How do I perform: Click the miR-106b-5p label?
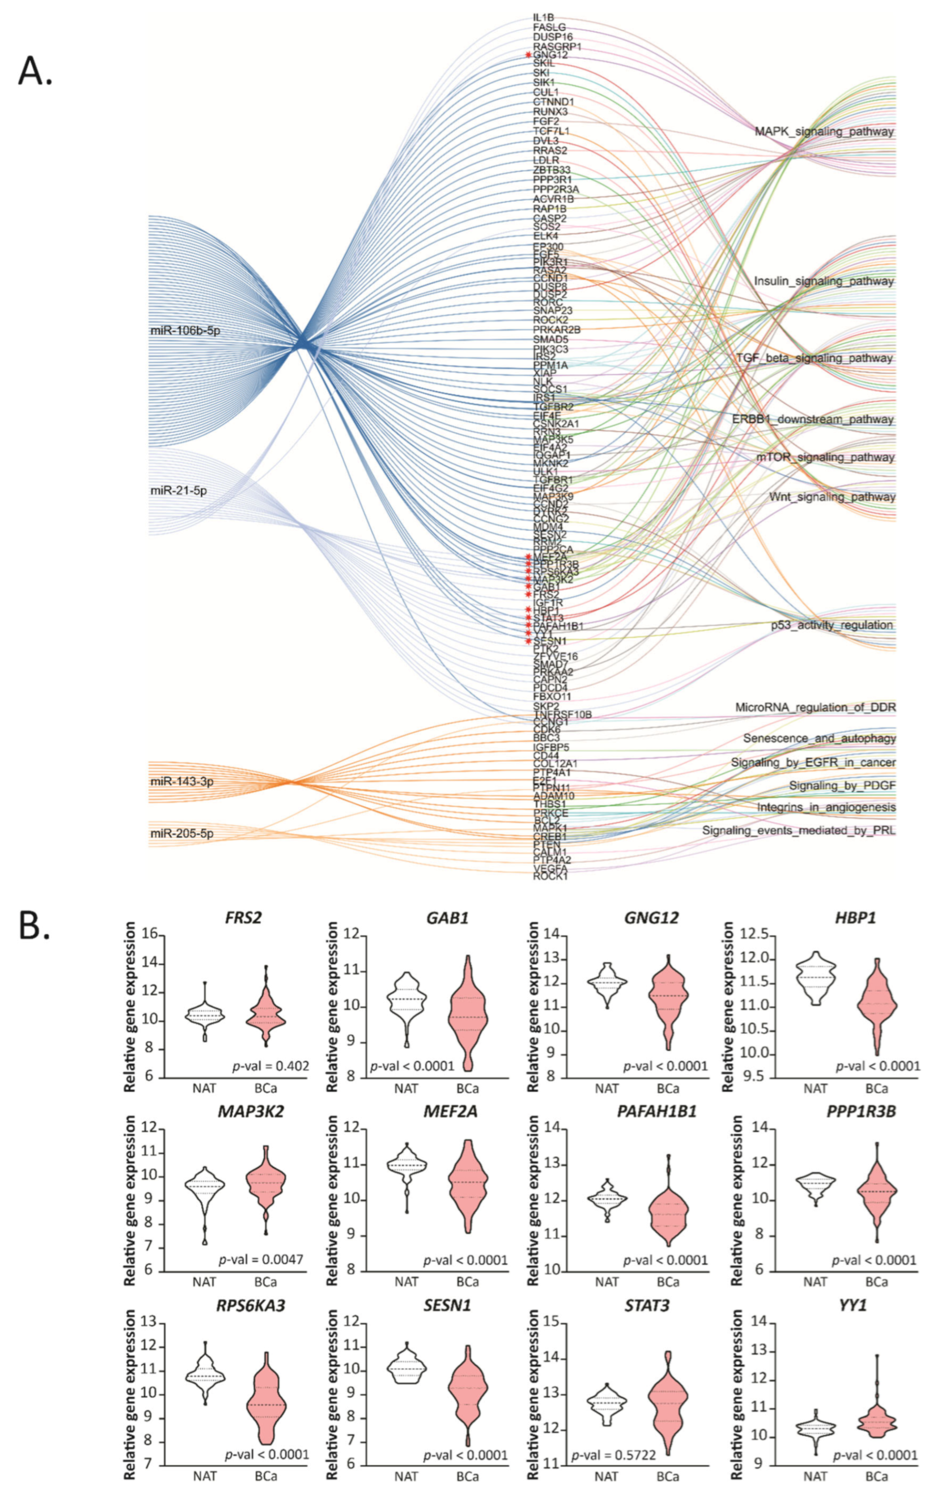point(185,331)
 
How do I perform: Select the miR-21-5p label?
point(179,491)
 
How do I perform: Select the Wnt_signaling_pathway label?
point(832,497)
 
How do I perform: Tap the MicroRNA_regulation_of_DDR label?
point(815,707)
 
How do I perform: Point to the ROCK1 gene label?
point(550,876)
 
